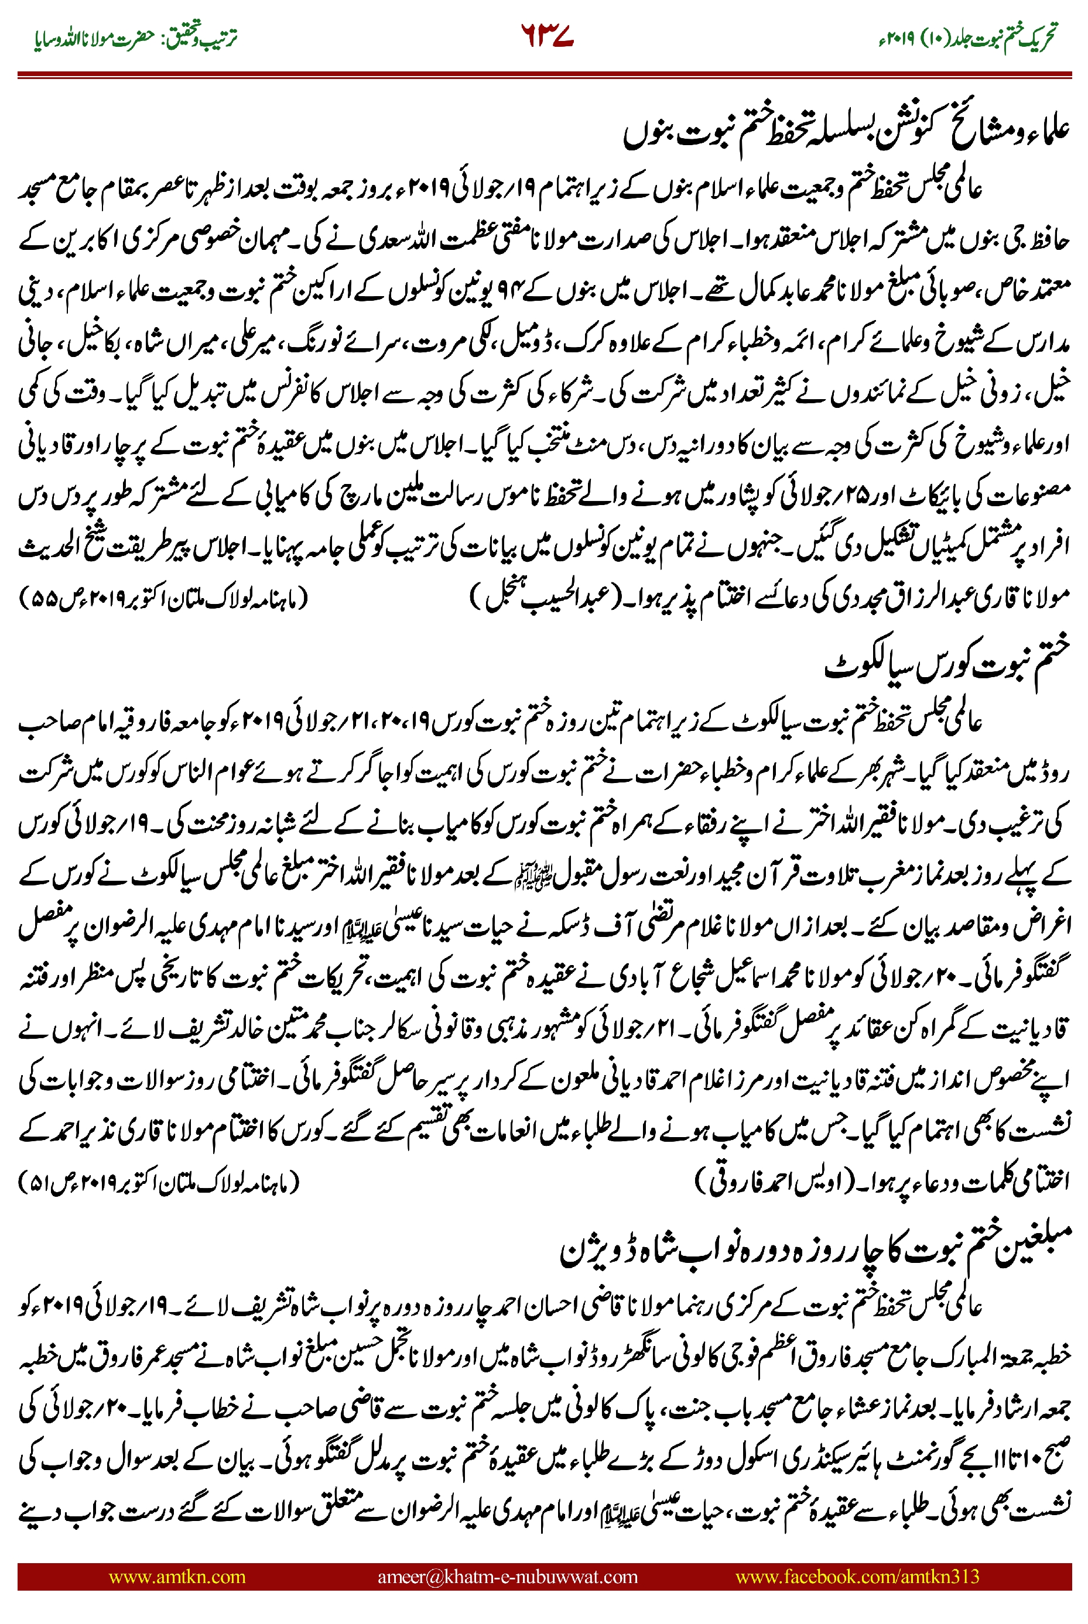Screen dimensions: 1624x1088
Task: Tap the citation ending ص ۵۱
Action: pyautogui.click(x=160, y=1181)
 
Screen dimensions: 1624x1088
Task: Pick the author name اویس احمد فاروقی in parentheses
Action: pyautogui.click(x=763, y=1181)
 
